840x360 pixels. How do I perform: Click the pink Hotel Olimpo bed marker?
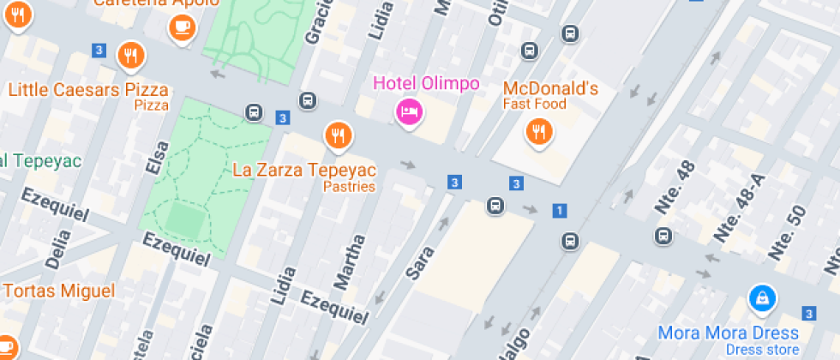point(409,111)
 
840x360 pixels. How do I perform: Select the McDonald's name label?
point(549,88)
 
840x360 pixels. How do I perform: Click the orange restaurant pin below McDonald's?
point(538,131)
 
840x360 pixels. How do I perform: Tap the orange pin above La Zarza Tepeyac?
point(339,135)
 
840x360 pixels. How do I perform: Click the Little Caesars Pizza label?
point(88,89)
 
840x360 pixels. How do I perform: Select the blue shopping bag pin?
point(760,298)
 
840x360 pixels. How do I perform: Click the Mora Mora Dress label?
point(728,333)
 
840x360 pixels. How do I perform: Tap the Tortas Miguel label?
point(58,291)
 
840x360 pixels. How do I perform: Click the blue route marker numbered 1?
point(560,210)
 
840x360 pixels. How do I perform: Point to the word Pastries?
point(350,187)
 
